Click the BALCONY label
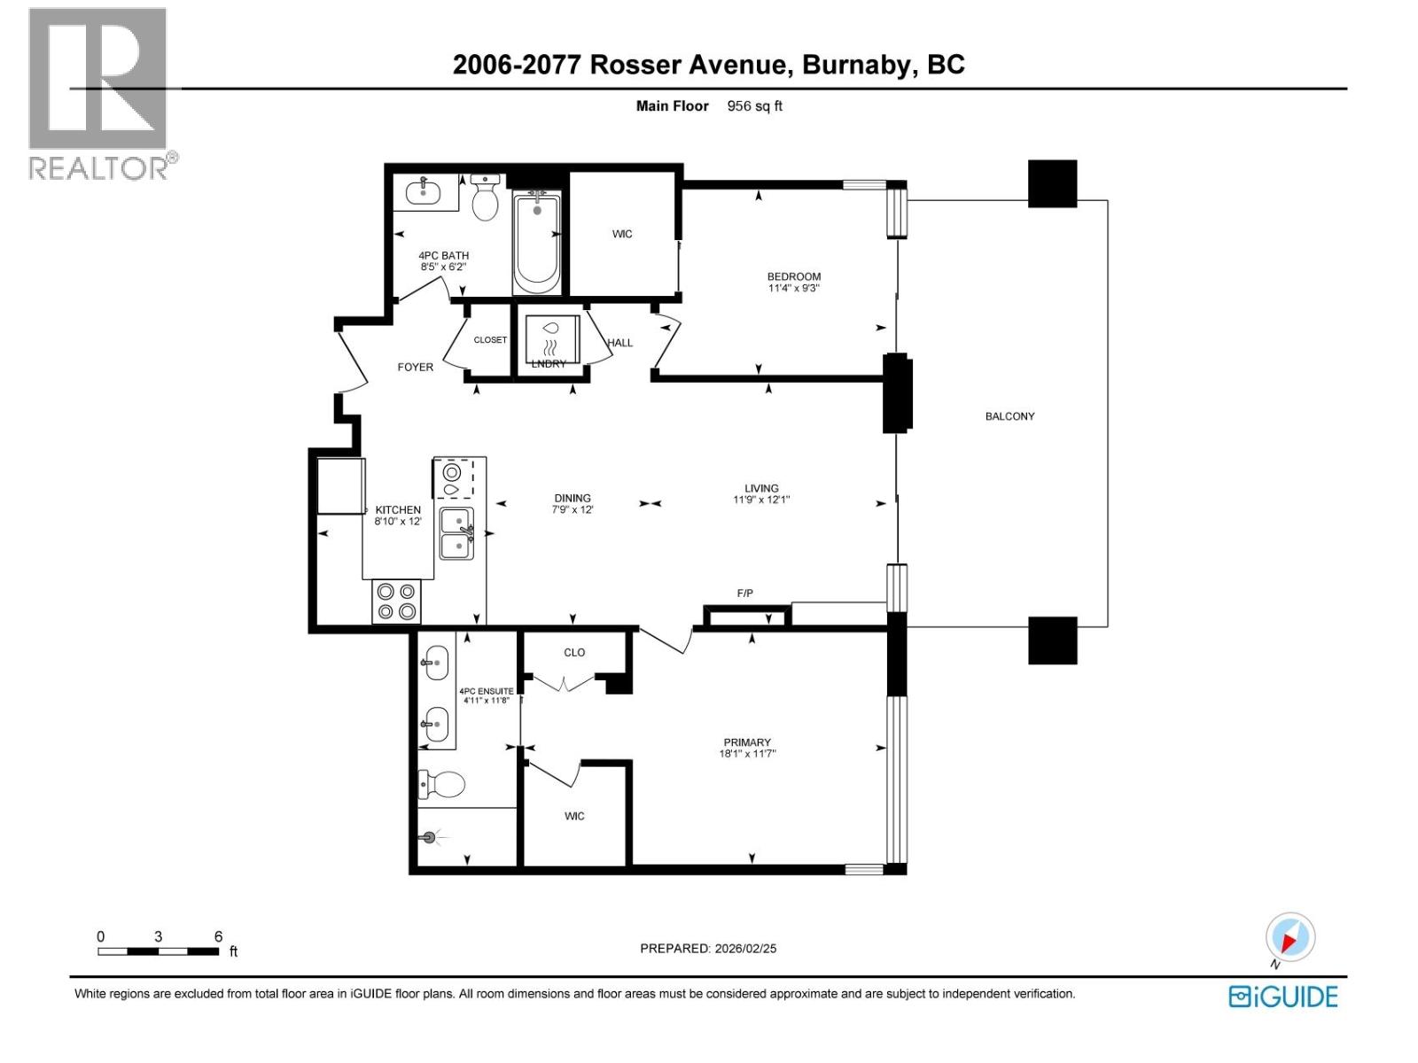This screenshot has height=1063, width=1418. pyautogui.click(x=1009, y=416)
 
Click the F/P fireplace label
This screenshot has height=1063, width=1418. pyautogui.click(x=744, y=594)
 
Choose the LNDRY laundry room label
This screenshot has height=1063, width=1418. pyautogui.click(x=549, y=363)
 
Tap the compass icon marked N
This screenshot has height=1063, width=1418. pyautogui.click(x=1289, y=938)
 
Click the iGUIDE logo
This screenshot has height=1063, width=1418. pyautogui.click(x=1282, y=997)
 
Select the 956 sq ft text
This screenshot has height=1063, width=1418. pyautogui.click(x=754, y=106)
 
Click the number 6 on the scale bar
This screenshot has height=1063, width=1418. pyautogui.click(x=218, y=936)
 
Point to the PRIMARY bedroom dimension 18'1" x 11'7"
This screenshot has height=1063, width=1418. pyautogui.click(x=747, y=755)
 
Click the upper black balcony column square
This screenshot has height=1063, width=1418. pyautogui.click(x=1052, y=184)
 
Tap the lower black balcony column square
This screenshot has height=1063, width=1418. pyautogui.click(x=1052, y=640)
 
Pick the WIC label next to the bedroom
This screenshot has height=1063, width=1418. pyautogui.click(x=622, y=235)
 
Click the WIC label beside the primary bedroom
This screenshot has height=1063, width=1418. pyautogui.click(x=574, y=817)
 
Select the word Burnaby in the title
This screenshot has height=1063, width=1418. pyautogui.click(x=856, y=65)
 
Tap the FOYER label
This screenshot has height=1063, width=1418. pyautogui.click(x=415, y=367)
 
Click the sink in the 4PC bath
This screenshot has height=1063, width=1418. pyautogui.click(x=425, y=191)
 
